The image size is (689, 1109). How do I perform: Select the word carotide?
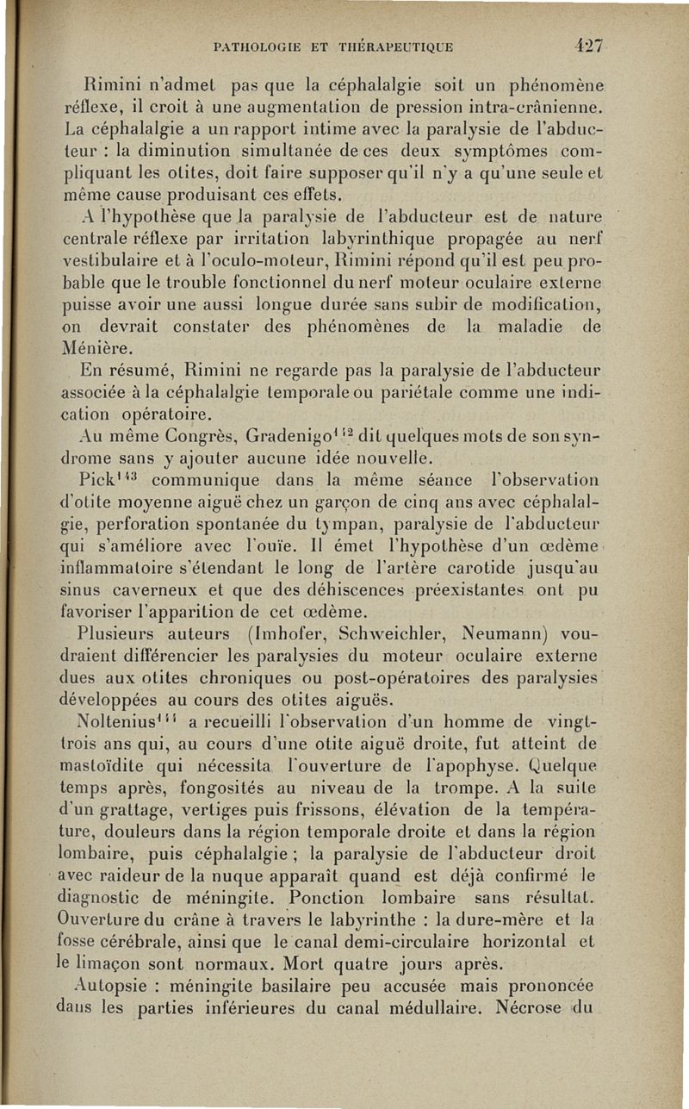point(492,569)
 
